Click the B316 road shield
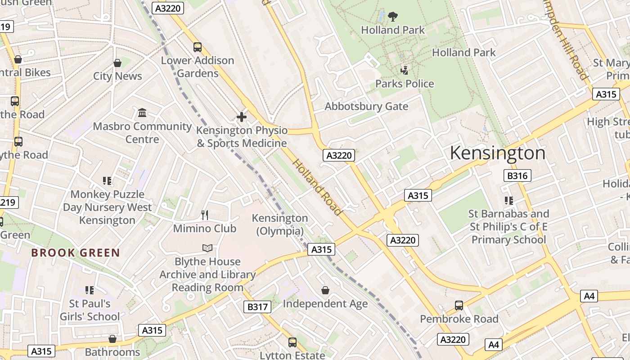pyautogui.click(x=517, y=175)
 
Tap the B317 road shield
pyautogui.click(x=257, y=307)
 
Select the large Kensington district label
pyautogui.click(x=498, y=153)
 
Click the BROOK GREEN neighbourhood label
pyautogui.click(x=76, y=253)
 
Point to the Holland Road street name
pyautogui.click(x=318, y=187)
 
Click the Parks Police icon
pyautogui.click(x=405, y=70)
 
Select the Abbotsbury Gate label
pyautogui.click(x=366, y=106)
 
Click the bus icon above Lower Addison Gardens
pyautogui.click(x=198, y=47)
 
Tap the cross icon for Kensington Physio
pyautogui.click(x=242, y=117)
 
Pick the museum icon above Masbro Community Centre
pyautogui.click(x=142, y=112)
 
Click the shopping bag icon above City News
pyautogui.click(x=117, y=63)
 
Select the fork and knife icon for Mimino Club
pyautogui.click(x=205, y=215)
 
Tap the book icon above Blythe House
pyautogui.click(x=207, y=248)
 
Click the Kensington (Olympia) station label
pyautogui.click(x=280, y=225)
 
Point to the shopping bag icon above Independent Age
pyautogui.click(x=325, y=291)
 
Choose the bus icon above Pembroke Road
pyautogui.click(x=459, y=306)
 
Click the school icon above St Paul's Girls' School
pyautogui.click(x=90, y=290)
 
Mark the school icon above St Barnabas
pyautogui.click(x=509, y=201)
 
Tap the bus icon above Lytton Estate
pyautogui.click(x=292, y=342)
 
